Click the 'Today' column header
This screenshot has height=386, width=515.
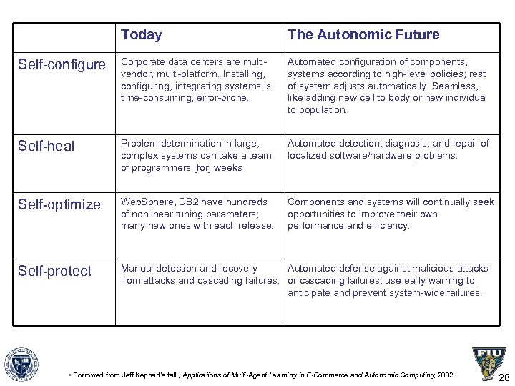click(x=142, y=34)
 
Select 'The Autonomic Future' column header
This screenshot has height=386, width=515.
click(x=363, y=34)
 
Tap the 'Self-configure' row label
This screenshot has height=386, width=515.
click(x=62, y=65)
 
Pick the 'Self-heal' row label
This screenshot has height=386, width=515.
click(x=46, y=146)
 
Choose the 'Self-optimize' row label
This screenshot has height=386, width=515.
click(x=59, y=204)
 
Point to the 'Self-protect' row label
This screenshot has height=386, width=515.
click(x=54, y=271)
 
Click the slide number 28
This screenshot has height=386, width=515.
click(x=504, y=378)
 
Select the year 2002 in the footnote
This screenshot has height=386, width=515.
click(x=444, y=374)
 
